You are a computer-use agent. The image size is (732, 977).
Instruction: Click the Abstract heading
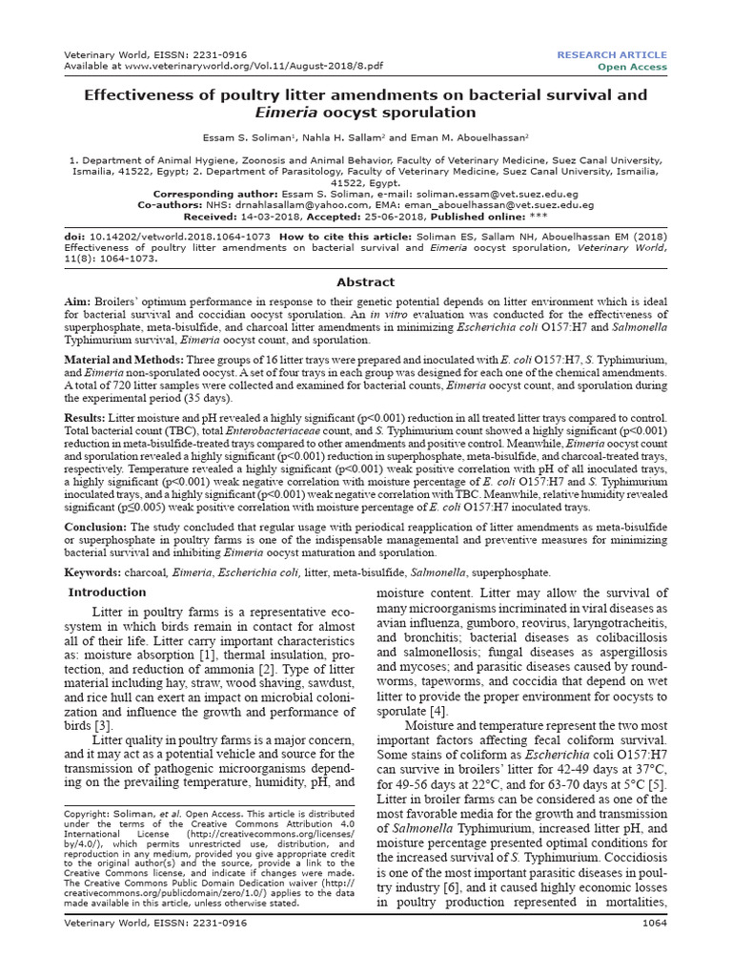pyautogui.click(x=366, y=282)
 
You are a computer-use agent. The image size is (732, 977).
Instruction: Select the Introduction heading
pyautogui.click(x=107, y=592)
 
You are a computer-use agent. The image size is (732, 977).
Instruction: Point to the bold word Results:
pyautogui.click(x=88, y=418)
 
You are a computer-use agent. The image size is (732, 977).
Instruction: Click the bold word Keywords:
pyautogui.click(x=92, y=572)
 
